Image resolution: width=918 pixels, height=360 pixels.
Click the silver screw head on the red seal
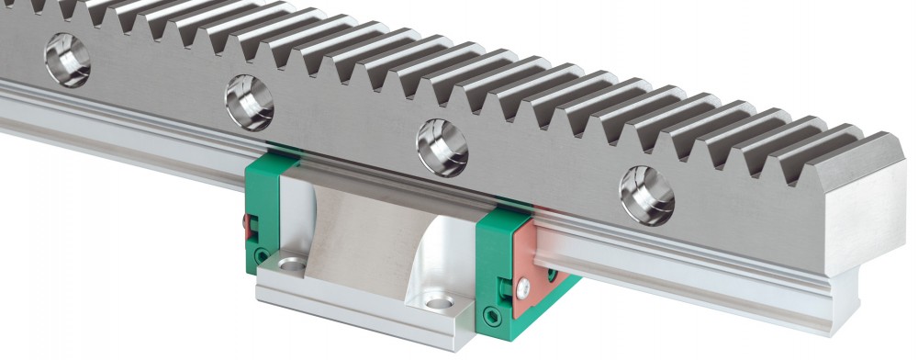pos(521,289)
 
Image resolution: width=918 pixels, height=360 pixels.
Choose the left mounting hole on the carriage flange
pos(292,265)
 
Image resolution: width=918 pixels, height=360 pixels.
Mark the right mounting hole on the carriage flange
pos(437,302)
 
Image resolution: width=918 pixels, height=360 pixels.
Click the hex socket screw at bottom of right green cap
pos(496,319)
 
